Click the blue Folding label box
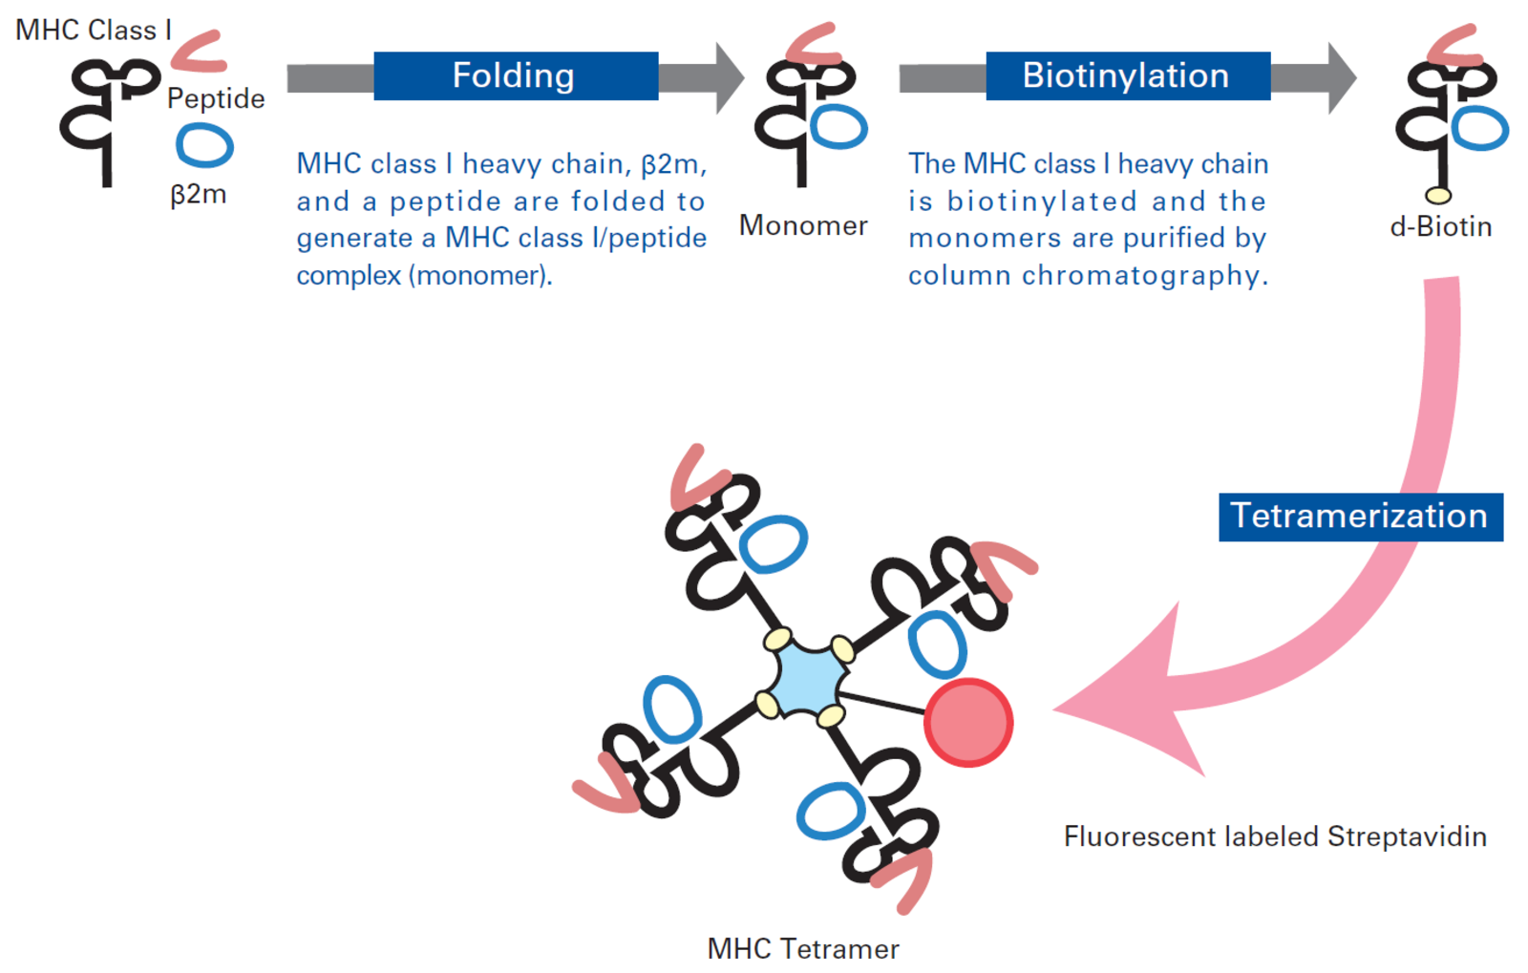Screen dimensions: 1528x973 point(516,75)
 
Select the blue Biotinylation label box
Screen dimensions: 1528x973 point(1128,75)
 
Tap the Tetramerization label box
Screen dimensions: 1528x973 point(1361,517)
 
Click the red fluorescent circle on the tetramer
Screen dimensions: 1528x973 point(968,723)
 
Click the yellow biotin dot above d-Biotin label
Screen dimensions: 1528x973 point(1438,196)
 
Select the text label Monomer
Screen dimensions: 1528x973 point(803,225)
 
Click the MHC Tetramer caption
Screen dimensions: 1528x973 point(803,948)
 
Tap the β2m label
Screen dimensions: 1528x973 point(198,195)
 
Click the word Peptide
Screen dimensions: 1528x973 point(216,99)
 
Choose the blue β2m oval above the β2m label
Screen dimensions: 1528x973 point(204,145)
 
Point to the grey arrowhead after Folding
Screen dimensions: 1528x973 point(730,77)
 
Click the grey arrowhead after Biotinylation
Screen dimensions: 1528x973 point(1343,77)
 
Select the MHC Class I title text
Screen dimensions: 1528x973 point(94,30)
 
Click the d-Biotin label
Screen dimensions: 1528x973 point(1441,226)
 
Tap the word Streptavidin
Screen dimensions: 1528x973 point(1407,836)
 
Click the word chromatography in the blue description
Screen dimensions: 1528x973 point(1145,275)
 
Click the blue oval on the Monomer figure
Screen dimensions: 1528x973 point(839,127)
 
